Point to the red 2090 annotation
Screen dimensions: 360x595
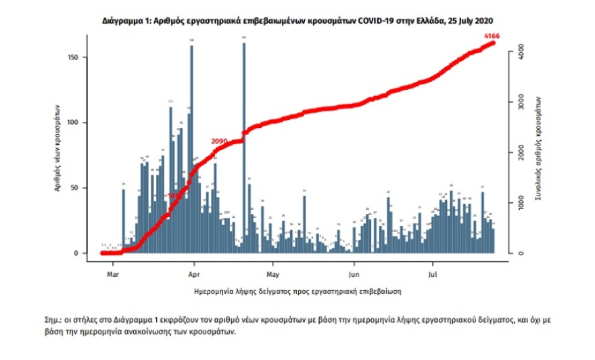[x=219, y=141]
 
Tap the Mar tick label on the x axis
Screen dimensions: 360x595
[x=114, y=275]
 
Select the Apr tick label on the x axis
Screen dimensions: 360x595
[x=193, y=275]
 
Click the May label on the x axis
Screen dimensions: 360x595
[x=272, y=275]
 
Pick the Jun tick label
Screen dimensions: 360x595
[x=353, y=275]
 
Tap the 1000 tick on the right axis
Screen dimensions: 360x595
[x=517, y=203]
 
